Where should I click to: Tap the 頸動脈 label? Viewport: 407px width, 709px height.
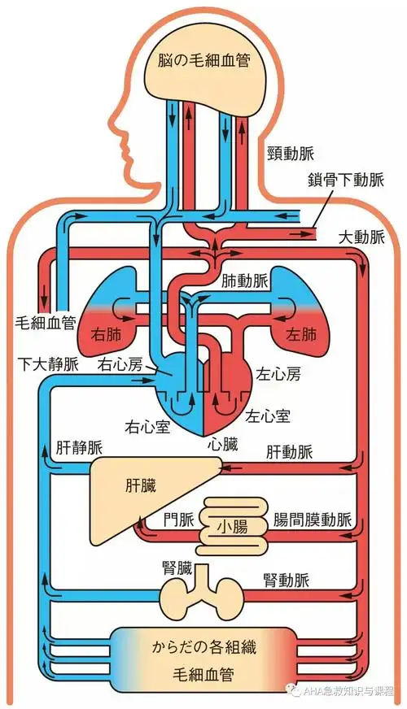289,153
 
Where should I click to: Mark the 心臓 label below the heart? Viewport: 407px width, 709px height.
222,444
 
